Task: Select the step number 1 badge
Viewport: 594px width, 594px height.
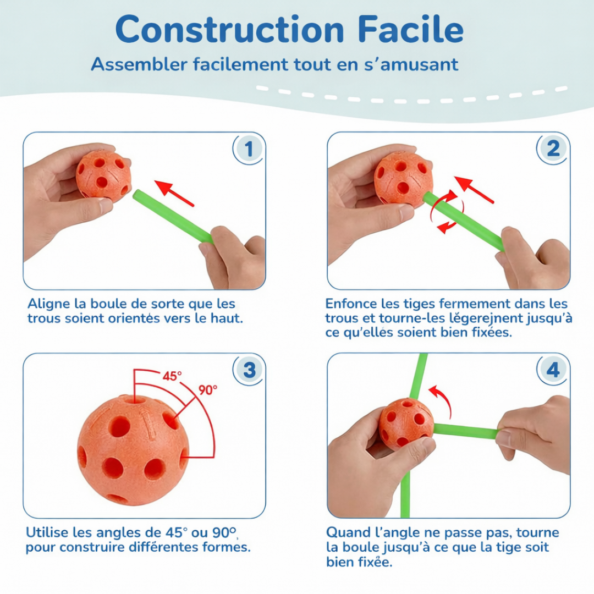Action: click(249, 148)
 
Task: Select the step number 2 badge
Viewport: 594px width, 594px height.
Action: click(553, 148)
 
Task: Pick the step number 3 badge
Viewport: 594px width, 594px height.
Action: click(249, 370)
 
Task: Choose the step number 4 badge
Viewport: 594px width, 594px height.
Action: click(553, 370)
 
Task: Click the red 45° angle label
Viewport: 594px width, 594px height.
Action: click(172, 376)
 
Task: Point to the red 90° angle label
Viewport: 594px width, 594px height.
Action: click(208, 390)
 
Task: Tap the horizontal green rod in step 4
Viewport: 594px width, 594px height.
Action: click(465, 431)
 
